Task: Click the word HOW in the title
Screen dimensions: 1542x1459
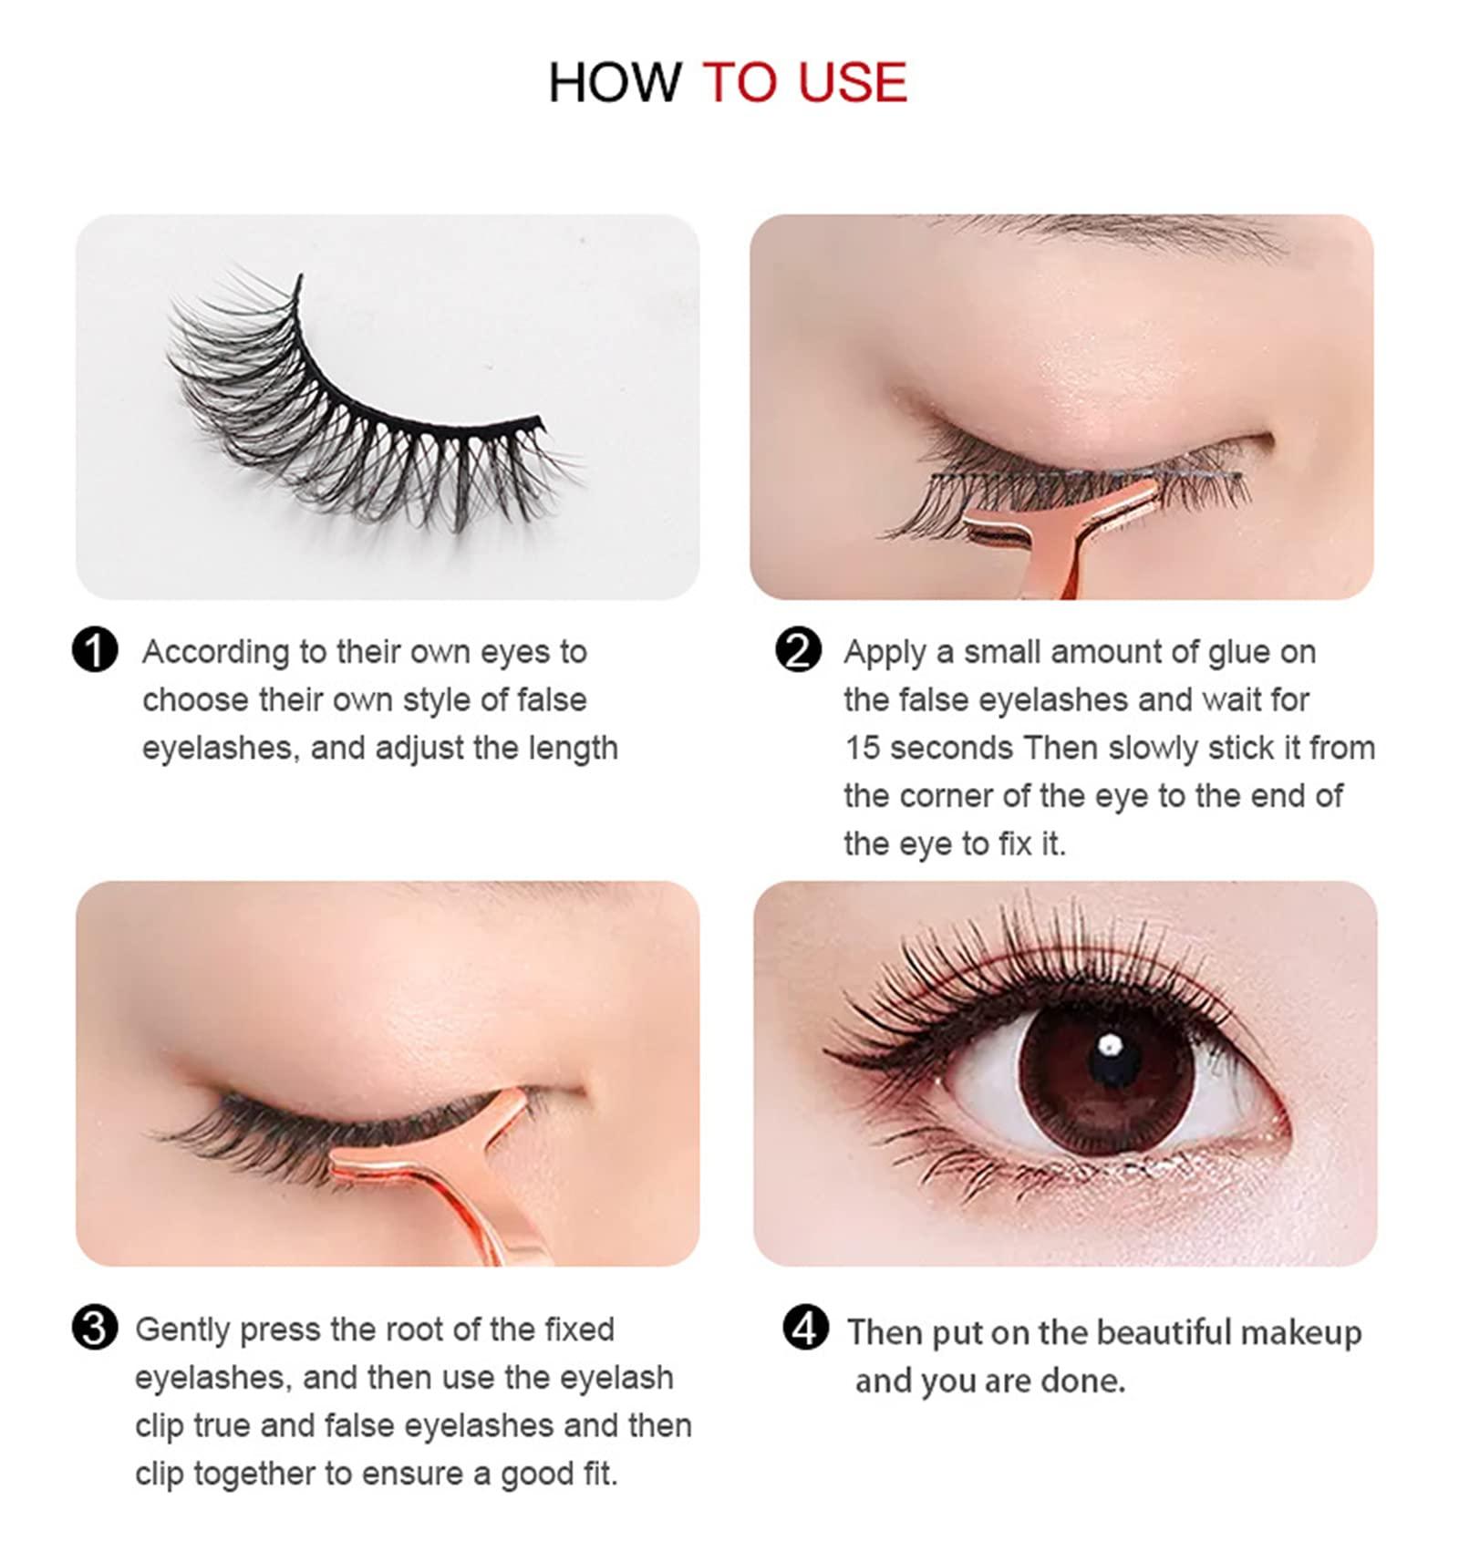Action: pyautogui.click(x=614, y=83)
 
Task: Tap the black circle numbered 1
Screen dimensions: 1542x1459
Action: pyautogui.click(x=95, y=651)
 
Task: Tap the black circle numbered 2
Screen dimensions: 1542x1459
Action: pyautogui.click(x=798, y=651)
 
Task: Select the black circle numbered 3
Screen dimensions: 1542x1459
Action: pyautogui.click(x=95, y=1328)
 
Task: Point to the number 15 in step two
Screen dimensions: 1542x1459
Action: pyautogui.click(x=862, y=748)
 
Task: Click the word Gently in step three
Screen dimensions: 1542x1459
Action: pyautogui.click(x=182, y=1330)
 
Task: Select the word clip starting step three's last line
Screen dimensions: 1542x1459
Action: pyautogui.click(x=159, y=1474)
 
